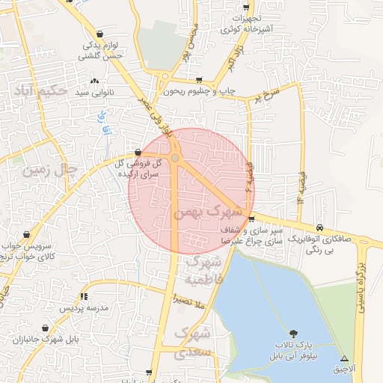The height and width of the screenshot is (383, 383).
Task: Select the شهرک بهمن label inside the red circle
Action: click(203, 212)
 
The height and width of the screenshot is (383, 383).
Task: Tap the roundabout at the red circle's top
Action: click(175, 158)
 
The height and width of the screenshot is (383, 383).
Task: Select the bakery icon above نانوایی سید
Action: click(94, 82)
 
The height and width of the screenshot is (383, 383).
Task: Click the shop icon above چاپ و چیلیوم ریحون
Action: click(198, 79)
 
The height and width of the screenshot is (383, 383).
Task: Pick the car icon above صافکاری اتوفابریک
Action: click(320, 227)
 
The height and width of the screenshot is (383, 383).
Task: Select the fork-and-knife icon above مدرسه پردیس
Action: click(85, 297)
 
